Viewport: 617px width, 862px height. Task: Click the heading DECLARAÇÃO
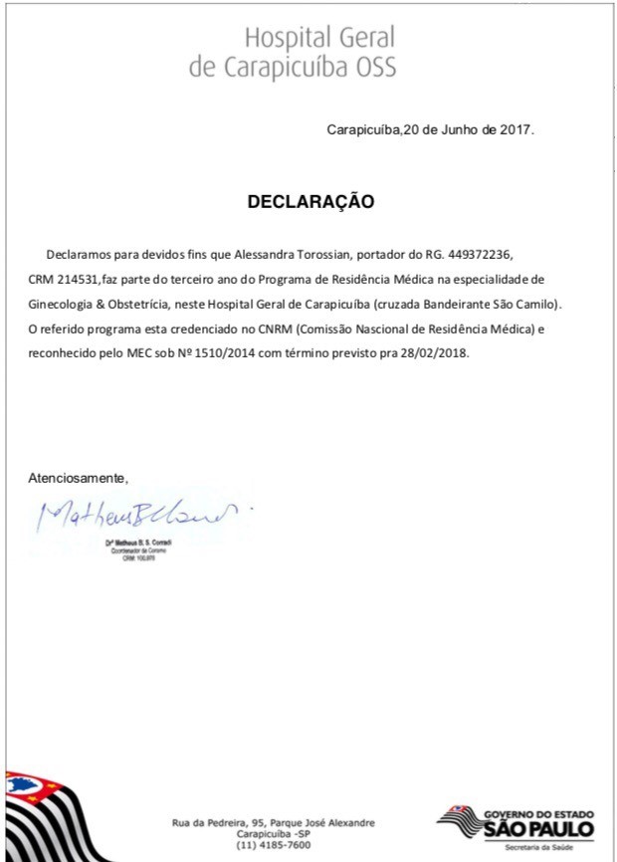tap(310, 201)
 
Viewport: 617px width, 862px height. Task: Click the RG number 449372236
tap(478, 255)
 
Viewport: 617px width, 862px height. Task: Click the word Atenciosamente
tap(79, 478)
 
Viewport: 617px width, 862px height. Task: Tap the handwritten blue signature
tap(139, 515)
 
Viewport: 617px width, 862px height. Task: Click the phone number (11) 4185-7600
tap(274, 844)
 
